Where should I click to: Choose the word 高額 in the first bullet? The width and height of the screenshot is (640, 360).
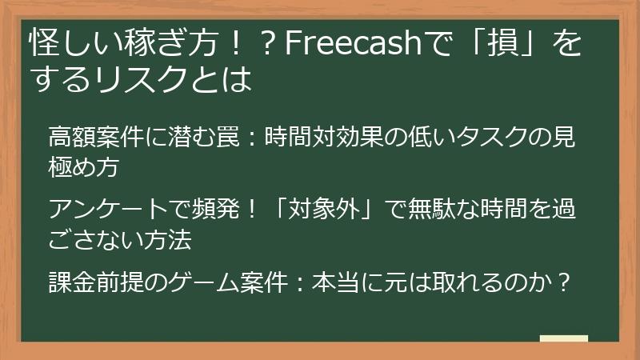point(73,136)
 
